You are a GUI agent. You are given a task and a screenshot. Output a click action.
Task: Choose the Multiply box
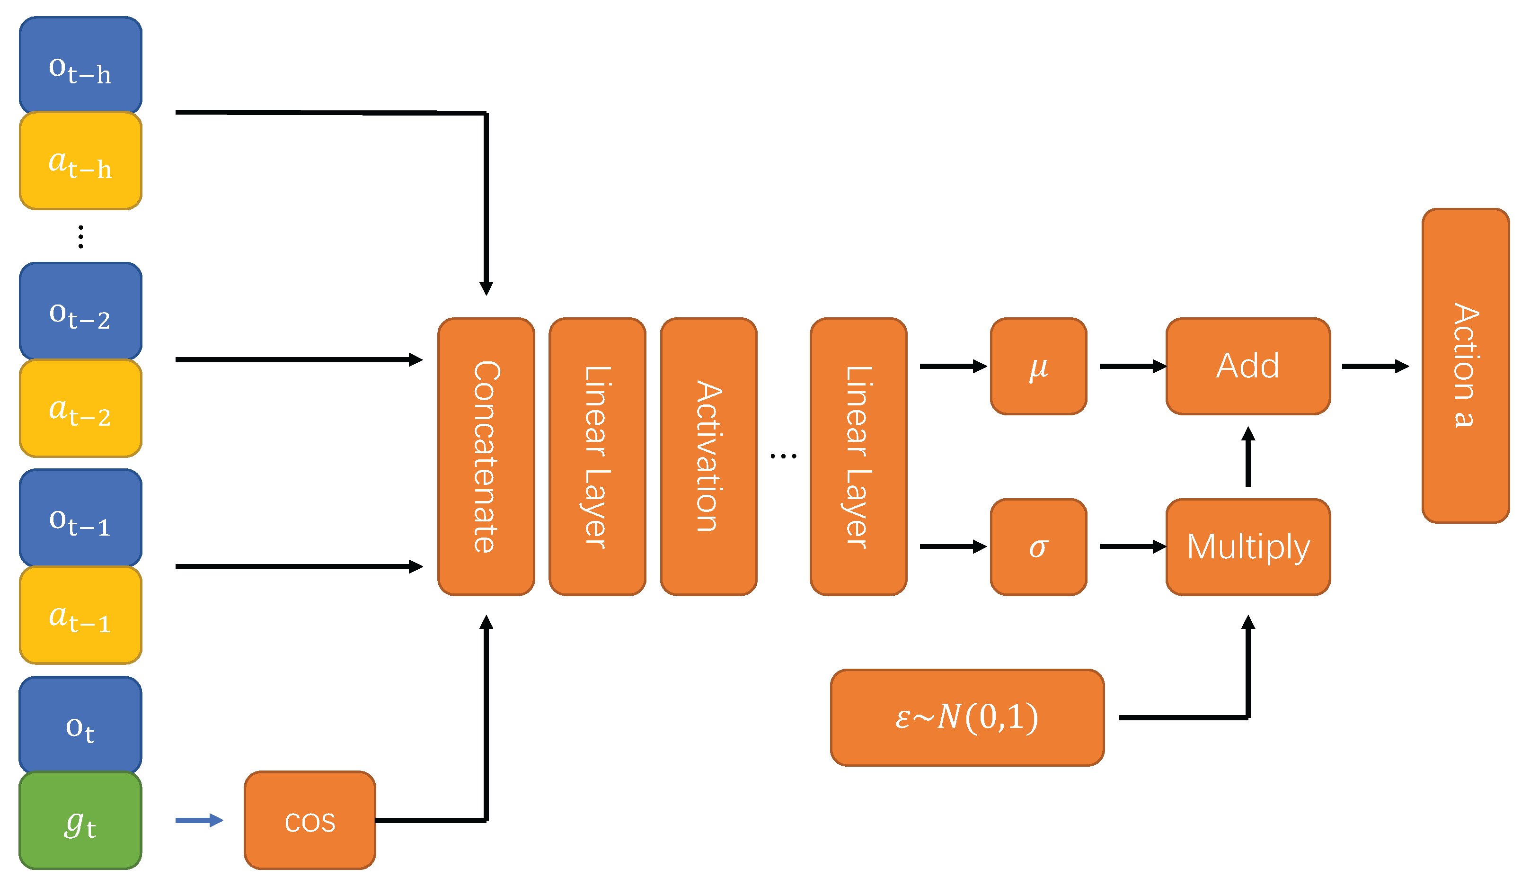click(x=1247, y=547)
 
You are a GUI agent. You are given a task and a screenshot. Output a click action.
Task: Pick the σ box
click(x=1038, y=547)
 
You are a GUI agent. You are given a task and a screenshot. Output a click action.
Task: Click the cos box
click(x=310, y=820)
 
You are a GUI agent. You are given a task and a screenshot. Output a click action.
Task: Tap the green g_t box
click(x=80, y=820)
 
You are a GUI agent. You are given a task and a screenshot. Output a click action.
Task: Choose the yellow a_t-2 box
click(x=80, y=408)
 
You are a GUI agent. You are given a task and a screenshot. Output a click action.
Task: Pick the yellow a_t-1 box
click(x=80, y=615)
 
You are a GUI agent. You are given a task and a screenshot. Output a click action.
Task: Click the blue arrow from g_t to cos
click(x=199, y=820)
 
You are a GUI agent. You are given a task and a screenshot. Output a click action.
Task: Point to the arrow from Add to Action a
click(x=1375, y=367)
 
